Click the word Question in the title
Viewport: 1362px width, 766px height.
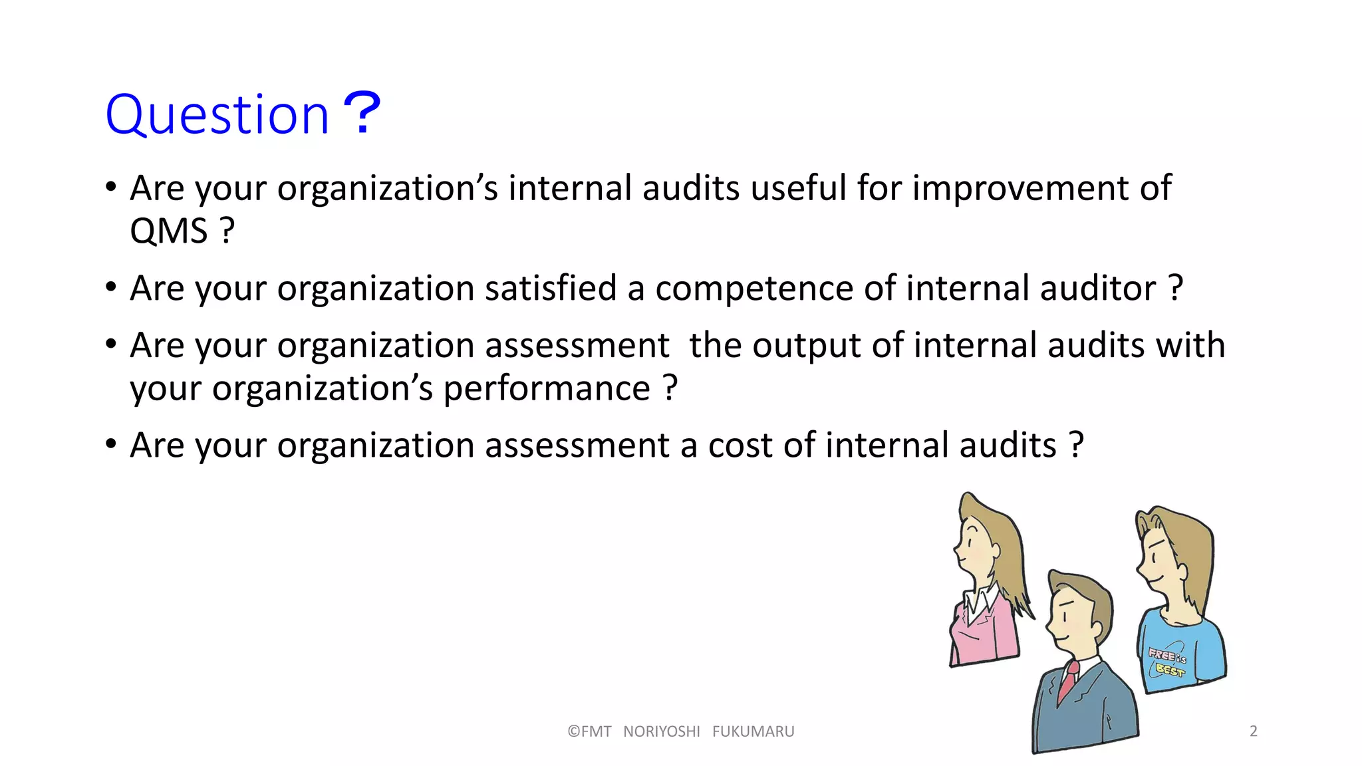[x=217, y=115]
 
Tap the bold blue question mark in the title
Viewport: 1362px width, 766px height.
[x=362, y=113]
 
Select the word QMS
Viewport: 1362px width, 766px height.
[x=169, y=231]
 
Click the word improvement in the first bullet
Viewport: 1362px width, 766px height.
[x=1020, y=188]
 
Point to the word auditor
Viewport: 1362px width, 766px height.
[x=1098, y=289]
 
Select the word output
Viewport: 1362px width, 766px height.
[x=807, y=346]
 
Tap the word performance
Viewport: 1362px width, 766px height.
[x=547, y=388]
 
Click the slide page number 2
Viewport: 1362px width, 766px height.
[x=1254, y=731]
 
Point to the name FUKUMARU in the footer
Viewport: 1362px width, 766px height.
[x=753, y=731]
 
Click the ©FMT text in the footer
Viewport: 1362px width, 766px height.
[x=589, y=731]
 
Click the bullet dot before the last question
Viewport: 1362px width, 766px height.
[x=111, y=444]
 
